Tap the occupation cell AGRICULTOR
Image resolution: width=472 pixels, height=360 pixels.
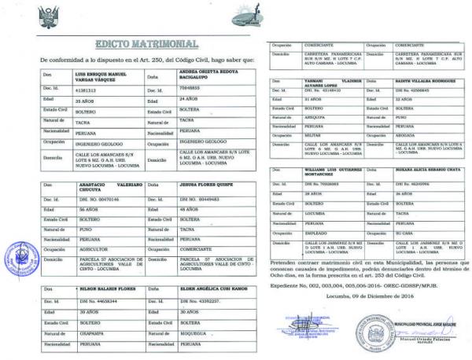point(79,248)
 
